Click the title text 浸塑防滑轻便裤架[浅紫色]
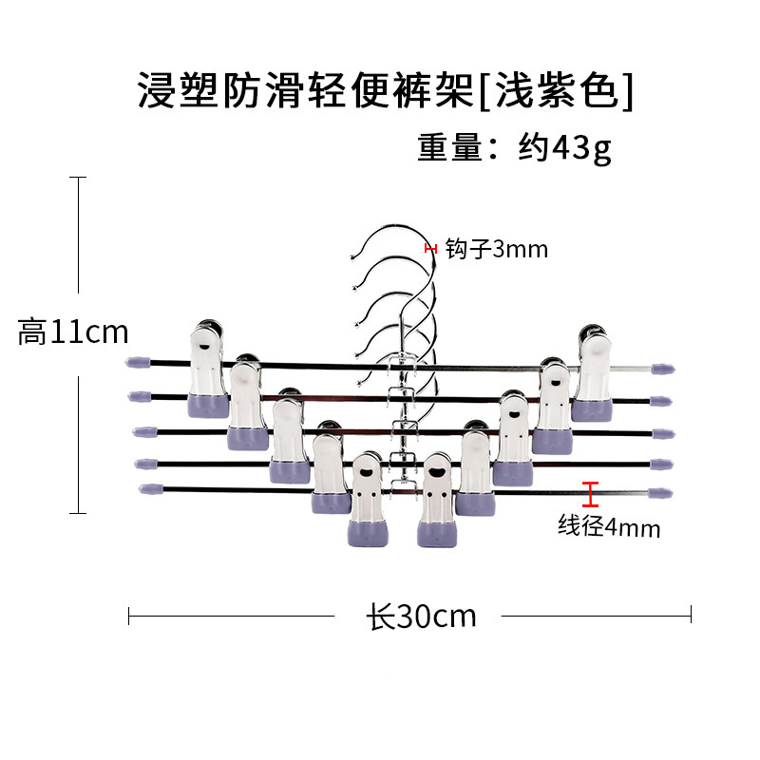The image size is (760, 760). [x=385, y=91]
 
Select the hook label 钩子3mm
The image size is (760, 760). [x=496, y=250]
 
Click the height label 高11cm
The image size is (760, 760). [x=73, y=332]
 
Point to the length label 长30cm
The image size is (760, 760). [x=421, y=617]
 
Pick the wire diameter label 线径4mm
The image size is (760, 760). [x=608, y=525]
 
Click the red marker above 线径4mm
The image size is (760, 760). [x=591, y=494]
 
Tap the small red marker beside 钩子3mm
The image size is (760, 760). [x=430, y=249]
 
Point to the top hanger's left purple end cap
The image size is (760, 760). [x=139, y=362]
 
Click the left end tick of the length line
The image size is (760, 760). [x=129, y=617]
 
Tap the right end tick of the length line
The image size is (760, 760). [x=691, y=617]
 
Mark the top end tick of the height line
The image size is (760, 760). [x=78, y=178]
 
